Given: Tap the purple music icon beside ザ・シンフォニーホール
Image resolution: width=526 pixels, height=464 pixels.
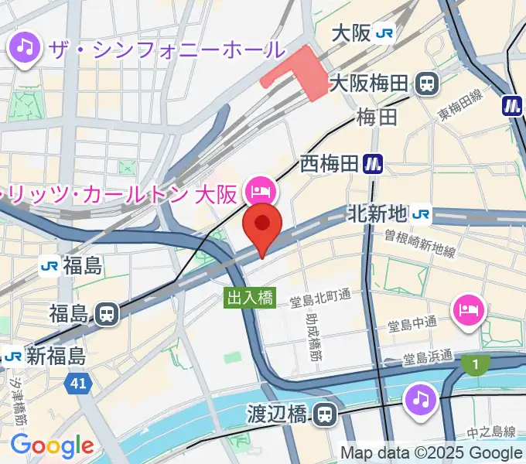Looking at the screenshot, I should [x=25, y=49].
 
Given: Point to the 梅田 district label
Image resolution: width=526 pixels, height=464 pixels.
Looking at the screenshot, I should [x=377, y=118].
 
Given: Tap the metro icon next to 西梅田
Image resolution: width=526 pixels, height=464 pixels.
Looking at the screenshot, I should [x=374, y=163].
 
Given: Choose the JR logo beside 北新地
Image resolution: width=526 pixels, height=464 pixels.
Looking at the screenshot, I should [x=422, y=213].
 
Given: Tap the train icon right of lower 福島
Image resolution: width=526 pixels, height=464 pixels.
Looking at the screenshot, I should [x=107, y=313].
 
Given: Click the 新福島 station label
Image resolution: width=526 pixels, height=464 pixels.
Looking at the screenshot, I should [x=56, y=356].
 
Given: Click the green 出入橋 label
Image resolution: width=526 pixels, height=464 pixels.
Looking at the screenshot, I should [x=250, y=298].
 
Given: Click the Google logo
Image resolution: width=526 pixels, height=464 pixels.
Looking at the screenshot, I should [x=52, y=445].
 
